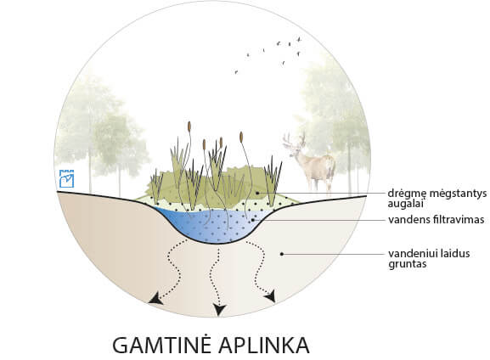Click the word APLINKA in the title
[263, 345]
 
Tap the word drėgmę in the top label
[407, 194]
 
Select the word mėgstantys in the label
[458, 194]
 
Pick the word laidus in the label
[456, 253]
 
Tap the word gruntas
[408, 264]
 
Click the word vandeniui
[414, 253]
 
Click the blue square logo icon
[66, 178]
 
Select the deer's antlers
[294, 140]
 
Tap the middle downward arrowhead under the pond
[219, 310]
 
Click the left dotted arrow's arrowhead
[156, 299]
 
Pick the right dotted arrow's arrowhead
[271, 296]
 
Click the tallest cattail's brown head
[189, 127]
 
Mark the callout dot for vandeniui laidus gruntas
[282, 254]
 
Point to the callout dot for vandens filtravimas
[253, 220]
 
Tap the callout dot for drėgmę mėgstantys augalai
[257, 193]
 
